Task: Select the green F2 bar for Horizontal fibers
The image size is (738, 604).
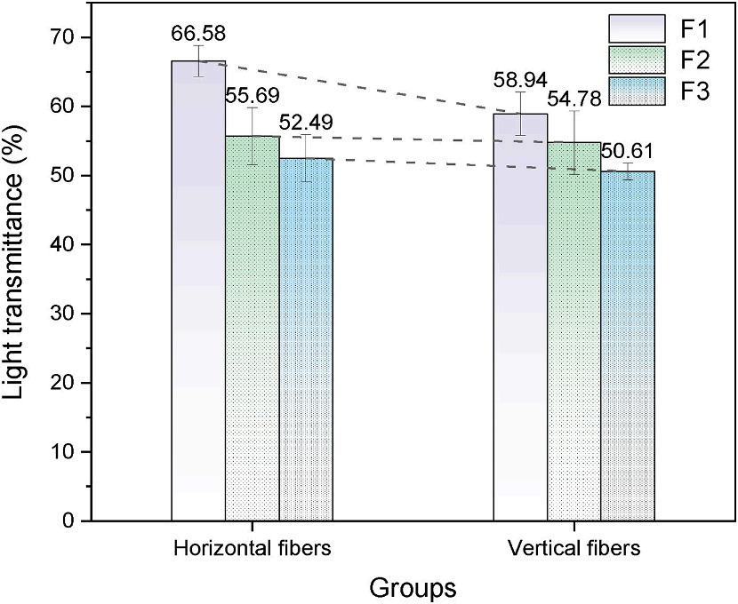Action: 252,328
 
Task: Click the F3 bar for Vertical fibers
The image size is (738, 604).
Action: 628,346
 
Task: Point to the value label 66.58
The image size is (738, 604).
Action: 197,35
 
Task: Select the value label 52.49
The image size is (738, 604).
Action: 307,122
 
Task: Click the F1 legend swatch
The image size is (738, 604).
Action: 638,28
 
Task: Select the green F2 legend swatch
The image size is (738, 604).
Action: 638,60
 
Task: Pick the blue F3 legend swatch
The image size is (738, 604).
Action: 638,91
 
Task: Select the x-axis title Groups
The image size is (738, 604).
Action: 413,586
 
